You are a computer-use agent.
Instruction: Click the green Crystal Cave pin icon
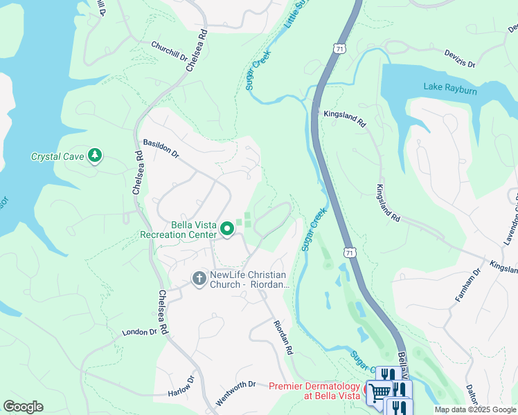pyautogui.click(x=95, y=156)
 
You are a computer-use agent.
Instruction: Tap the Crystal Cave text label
pyautogui.click(x=57, y=157)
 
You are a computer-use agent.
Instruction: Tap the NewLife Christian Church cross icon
pyautogui.click(x=199, y=279)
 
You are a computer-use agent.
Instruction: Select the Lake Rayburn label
pyautogui.click(x=452, y=86)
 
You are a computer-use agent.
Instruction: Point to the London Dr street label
pyautogui.click(x=141, y=332)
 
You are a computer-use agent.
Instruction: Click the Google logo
pyautogui.click(x=23, y=406)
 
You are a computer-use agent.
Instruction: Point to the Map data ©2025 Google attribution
pyautogui.click(x=475, y=409)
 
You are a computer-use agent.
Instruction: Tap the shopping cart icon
pyautogui.click(x=379, y=392)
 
